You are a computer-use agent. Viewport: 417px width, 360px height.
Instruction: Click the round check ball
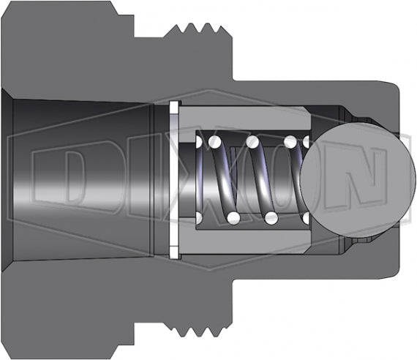[345, 179]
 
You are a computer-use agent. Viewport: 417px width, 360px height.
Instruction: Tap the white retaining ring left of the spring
[173, 180]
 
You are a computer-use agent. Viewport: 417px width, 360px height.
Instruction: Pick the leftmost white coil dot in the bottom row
[199, 218]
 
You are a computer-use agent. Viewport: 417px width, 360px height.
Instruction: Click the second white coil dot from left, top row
[216, 140]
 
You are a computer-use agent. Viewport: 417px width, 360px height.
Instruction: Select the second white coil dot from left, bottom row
[232, 218]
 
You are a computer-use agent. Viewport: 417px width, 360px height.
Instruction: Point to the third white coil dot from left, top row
[252, 140]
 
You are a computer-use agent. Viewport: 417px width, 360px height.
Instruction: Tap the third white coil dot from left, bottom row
[271, 218]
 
